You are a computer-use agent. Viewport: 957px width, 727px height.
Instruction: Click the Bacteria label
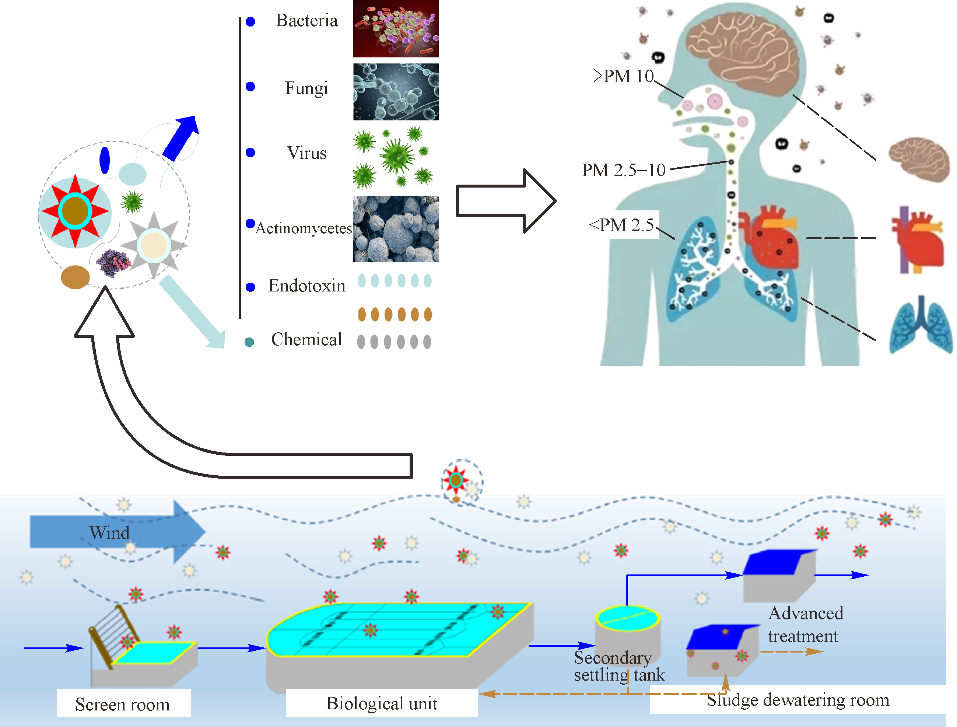[306, 20]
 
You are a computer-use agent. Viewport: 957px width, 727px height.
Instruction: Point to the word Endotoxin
[306, 286]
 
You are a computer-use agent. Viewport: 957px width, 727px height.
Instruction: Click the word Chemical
[306, 340]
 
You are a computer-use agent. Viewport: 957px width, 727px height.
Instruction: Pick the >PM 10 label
[623, 76]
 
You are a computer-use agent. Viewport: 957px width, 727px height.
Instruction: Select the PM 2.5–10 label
[623, 170]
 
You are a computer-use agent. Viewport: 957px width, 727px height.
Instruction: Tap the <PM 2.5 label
[621, 225]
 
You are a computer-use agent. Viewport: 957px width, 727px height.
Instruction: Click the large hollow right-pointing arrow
[506, 200]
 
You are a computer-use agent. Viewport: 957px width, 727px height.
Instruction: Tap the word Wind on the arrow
[109, 533]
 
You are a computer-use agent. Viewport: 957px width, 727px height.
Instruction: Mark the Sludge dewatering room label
[797, 700]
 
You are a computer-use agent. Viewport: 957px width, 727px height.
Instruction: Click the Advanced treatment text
[805, 625]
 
